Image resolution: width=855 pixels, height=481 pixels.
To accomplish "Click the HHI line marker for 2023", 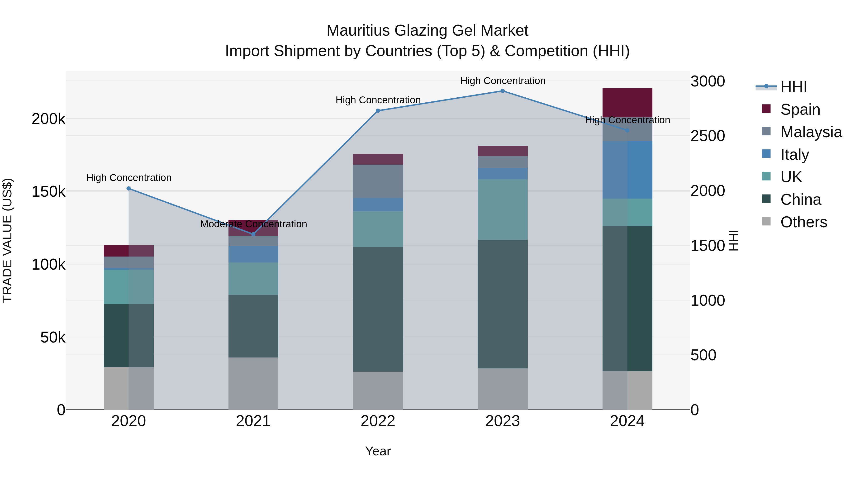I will tap(503, 91).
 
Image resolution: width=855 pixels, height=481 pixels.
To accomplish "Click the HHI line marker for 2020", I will tap(129, 189).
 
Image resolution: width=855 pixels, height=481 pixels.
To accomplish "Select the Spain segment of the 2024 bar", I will tap(627, 103).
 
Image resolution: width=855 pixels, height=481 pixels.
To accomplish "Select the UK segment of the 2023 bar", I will tap(503, 210).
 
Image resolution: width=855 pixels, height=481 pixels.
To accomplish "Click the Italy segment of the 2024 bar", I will tap(627, 170).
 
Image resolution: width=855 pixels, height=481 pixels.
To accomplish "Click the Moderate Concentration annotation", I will tap(254, 224).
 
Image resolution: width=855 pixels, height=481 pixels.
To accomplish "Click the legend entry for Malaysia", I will tap(811, 132).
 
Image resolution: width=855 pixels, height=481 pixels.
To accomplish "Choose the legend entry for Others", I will tap(803, 222).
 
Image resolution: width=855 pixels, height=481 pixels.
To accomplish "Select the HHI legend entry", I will tap(793, 87).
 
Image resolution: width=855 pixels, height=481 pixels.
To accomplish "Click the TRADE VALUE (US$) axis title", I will tap(8, 240).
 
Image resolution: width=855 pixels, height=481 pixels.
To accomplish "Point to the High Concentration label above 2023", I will tap(503, 81).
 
